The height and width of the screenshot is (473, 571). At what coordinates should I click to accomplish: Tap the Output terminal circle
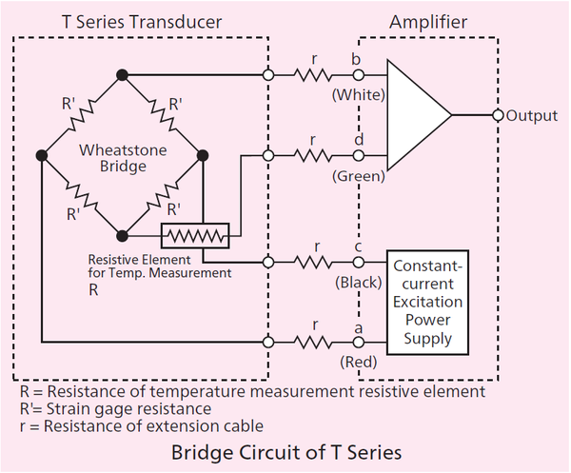tap(498, 115)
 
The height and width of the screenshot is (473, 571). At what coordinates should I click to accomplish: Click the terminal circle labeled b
tap(359, 75)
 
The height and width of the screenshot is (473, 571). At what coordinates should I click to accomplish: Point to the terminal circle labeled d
tap(359, 156)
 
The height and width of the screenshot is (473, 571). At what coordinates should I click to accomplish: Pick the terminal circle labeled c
tap(359, 262)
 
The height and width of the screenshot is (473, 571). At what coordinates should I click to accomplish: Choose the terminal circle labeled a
tap(359, 343)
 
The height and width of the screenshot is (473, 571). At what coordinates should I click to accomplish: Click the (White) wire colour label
tap(359, 95)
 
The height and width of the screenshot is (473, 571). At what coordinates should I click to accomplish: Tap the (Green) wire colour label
tap(359, 176)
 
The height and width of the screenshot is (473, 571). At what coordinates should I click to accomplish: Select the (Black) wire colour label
tap(359, 283)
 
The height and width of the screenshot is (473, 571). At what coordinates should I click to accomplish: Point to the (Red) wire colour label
tap(359, 362)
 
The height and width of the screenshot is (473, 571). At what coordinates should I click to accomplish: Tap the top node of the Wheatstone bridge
tap(123, 75)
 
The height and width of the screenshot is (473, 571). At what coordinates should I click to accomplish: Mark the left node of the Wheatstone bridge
tap(42, 156)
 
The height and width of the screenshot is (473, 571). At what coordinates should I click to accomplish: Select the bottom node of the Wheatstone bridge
tap(123, 236)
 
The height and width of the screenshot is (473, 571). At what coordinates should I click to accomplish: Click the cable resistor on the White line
tap(313, 75)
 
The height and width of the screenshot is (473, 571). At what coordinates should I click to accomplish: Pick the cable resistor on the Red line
tap(313, 343)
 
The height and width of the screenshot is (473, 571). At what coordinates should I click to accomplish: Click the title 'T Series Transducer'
tap(142, 22)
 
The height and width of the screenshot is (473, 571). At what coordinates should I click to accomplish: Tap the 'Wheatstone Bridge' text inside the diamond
tap(123, 158)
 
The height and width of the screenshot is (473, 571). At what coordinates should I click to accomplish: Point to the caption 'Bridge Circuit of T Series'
tap(286, 453)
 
